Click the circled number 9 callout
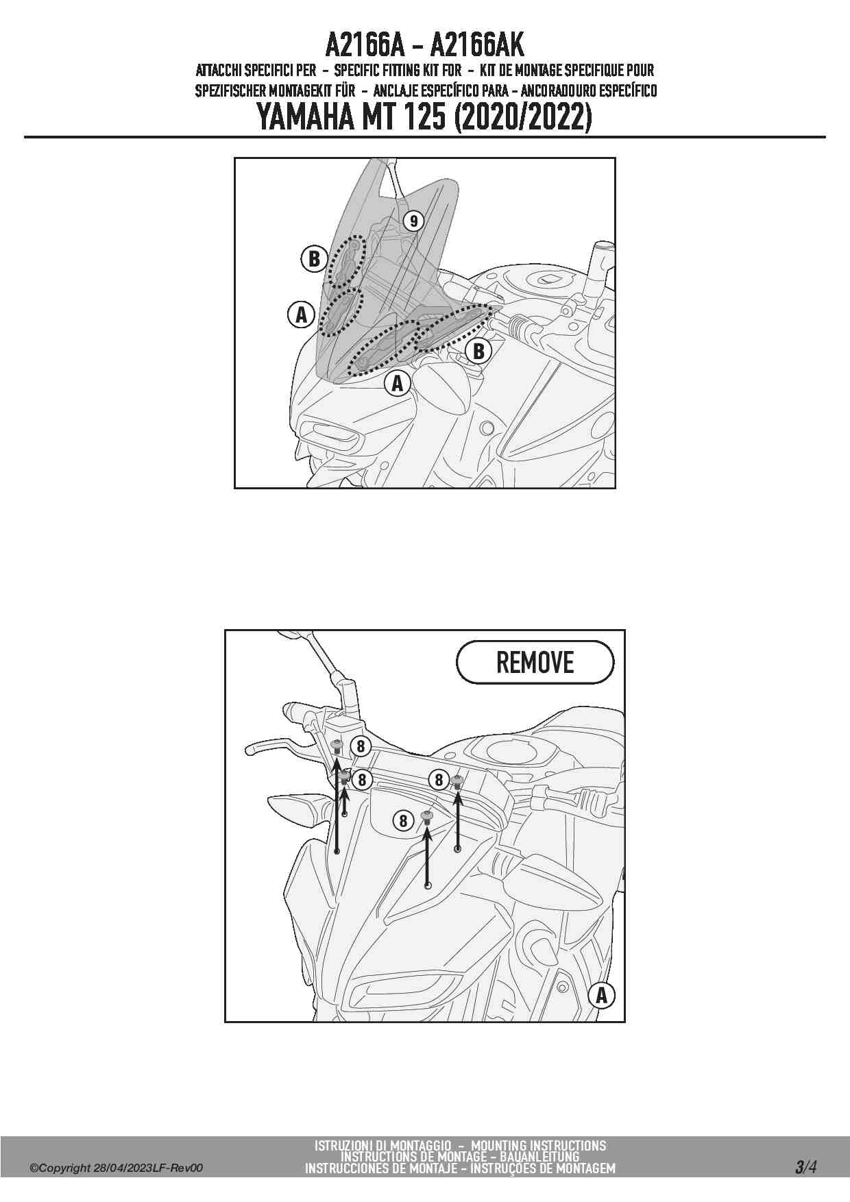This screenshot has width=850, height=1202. click(x=413, y=221)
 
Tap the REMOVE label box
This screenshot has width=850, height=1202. click(x=535, y=662)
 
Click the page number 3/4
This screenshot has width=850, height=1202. click(x=806, y=1166)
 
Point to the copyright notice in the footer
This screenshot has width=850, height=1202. click(x=116, y=1168)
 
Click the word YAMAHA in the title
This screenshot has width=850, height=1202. click(x=306, y=117)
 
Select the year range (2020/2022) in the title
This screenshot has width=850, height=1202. click(x=522, y=117)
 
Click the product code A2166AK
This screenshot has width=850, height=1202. click(x=477, y=45)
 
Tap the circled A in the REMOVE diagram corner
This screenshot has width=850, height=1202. click(x=601, y=995)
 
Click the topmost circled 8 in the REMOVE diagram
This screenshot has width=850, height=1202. click(x=361, y=746)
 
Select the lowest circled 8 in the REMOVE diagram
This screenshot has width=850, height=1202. click(x=403, y=820)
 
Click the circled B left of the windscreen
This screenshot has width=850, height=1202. click(x=314, y=259)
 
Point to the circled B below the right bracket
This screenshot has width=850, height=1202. click(x=478, y=352)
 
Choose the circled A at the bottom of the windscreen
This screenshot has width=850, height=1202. click(x=398, y=384)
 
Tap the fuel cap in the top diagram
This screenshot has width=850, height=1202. click(x=548, y=279)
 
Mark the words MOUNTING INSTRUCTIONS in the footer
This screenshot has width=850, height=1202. click(x=539, y=1146)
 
